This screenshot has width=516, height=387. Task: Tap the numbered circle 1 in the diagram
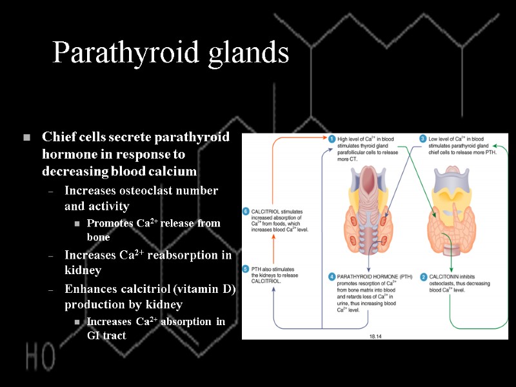(x=331, y=139)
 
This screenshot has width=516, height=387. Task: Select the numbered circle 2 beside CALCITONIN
(x=424, y=277)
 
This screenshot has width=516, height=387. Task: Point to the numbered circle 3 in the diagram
(x=423, y=139)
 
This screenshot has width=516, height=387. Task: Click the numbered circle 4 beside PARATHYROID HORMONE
(x=331, y=277)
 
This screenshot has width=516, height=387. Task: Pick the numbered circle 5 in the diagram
(x=245, y=269)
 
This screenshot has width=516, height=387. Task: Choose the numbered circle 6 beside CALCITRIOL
(x=245, y=212)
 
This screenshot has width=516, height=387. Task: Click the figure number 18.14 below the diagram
(x=376, y=336)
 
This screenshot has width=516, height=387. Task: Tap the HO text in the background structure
(x=41, y=356)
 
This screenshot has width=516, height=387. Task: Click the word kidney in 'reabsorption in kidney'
(x=83, y=271)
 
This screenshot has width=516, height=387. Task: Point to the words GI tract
(x=106, y=335)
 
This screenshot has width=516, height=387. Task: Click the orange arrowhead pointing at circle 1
(x=321, y=139)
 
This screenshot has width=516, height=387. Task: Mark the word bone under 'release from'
(x=99, y=238)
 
